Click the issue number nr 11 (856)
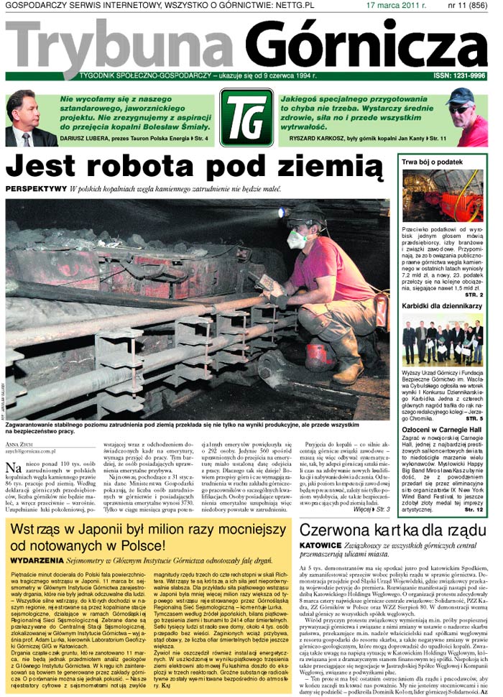(467, 5)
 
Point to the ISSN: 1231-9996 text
(460, 75)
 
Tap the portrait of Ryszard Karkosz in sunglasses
(467, 117)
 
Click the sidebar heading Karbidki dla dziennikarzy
(442, 306)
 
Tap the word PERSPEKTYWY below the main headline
(35, 189)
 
